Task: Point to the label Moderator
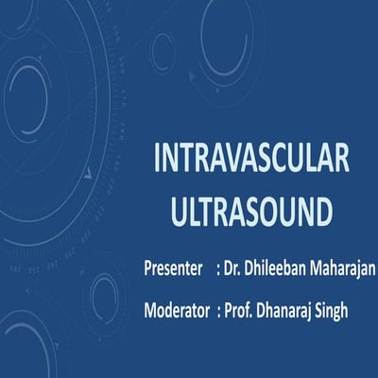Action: point(178,308)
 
